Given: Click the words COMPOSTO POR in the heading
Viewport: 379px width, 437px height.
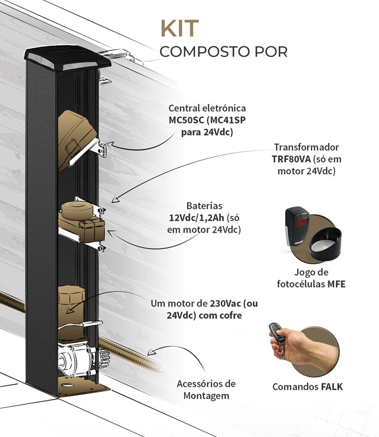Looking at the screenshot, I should click(x=224, y=52).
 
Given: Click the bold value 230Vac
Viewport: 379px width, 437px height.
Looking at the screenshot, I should click(x=227, y=304).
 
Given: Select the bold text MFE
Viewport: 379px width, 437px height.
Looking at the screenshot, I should click(x=336, y=284).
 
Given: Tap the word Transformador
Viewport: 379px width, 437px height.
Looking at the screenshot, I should click(x=306, y=147).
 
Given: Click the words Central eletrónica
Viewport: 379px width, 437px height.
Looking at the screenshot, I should click(x=207, y=108).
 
